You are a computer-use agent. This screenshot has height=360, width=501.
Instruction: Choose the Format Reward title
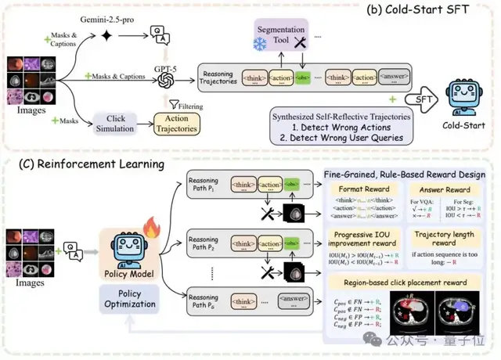(x=363, y=189)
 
